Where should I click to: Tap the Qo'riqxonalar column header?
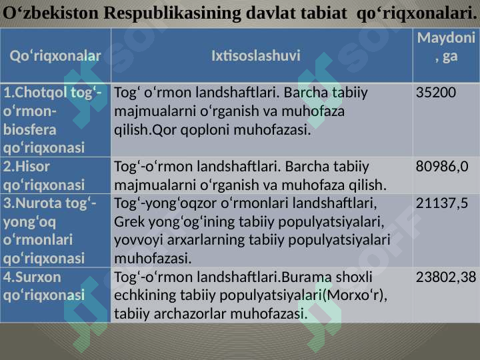pos(56,56)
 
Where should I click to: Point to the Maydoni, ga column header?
pos(446,47)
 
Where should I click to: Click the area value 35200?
pos(436,92)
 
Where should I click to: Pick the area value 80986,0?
pos(442,165)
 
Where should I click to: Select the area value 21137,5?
pos(442,203)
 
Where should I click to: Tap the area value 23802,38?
pos(446,277)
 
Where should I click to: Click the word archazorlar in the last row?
pos(186,313)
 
